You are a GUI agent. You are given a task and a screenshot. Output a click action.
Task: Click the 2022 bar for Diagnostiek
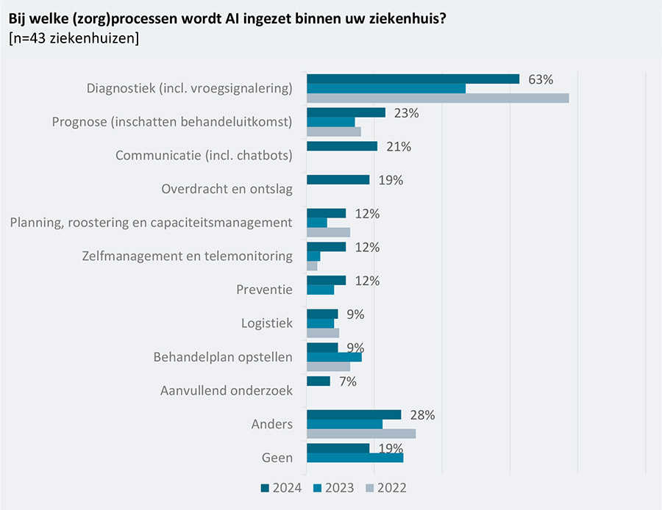point(438,98)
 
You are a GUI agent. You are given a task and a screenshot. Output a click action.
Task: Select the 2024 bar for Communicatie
point(342,146)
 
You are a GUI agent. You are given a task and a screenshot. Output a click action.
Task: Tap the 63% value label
point(541,79)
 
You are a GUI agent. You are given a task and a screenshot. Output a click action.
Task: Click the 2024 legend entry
point(281,487)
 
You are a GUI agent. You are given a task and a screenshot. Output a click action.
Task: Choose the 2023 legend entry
point(334,487)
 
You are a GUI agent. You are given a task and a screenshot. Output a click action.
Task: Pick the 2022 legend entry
point(386,487)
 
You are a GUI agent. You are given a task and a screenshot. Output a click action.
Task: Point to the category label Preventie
point(264,290)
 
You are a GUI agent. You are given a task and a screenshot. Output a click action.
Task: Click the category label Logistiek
point(267,323)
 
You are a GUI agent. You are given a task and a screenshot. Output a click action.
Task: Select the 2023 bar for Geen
point(355,458)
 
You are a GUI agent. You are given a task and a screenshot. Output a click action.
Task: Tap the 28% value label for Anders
point(423,415)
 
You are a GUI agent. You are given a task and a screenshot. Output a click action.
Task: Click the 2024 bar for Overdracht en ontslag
point(338,180)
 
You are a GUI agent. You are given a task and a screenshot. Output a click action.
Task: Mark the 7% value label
point(348,381)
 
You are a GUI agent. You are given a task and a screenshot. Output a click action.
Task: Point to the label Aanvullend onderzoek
point(227,391)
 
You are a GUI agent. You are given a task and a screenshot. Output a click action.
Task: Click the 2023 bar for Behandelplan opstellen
point(334,357)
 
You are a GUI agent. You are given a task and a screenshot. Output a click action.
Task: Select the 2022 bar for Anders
point(361,434)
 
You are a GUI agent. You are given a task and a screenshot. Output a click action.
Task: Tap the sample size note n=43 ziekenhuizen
point(74,38)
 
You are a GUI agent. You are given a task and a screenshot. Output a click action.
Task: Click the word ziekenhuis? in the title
point(407,17)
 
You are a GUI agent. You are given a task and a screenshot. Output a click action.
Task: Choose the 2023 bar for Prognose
point(331,122)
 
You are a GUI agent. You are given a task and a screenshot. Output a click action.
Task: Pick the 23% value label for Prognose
point(407,113)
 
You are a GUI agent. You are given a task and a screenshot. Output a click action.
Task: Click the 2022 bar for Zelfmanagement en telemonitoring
point(312,266)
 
